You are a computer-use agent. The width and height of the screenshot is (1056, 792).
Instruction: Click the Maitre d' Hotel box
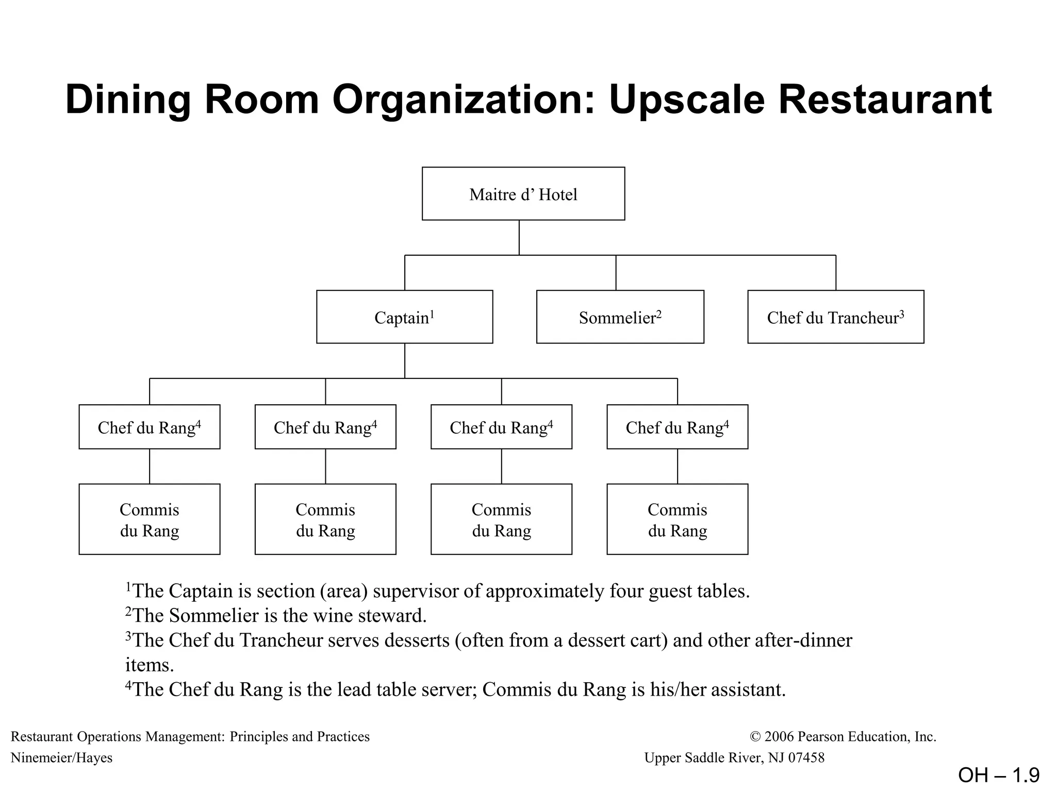pyautogui.click(x=523, y=194)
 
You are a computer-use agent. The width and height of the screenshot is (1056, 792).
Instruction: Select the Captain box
pyautogui.click(x=404, y=317)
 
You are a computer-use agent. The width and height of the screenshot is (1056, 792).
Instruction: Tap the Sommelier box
pyautogui.click(x=620, y=317)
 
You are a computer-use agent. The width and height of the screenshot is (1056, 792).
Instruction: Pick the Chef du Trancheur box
pyautogui.click(x=835, y=317)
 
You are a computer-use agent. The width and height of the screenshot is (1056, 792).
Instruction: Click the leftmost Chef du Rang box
pyautogui.click(x=149, y=427)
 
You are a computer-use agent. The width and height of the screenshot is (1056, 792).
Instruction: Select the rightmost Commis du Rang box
pyautogui.click(x=677, y=519)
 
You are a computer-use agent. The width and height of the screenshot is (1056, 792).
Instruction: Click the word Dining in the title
pyautogui.click(x=128, y=100)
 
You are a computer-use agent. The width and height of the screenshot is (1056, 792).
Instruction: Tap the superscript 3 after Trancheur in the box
pyautogui.click(x=902, y=312)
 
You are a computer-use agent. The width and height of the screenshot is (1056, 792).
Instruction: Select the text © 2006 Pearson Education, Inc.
pyautogui.click(x=843, y=736)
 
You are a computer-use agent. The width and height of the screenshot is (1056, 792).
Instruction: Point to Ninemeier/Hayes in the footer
pyautogui.click(x=61, y=757)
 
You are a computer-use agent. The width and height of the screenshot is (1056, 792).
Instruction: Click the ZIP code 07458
pyautogui.click(x=806, y=757)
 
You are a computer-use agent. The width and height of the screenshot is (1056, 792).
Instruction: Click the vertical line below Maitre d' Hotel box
pyautogui.click(x=519, y=237)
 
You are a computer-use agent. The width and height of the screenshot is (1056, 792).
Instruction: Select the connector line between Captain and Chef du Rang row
pyautogui.click(x=404, y=361)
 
